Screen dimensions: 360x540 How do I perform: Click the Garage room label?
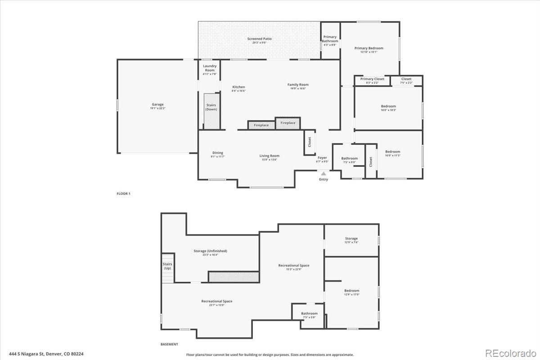pyautogui.click(x=157, y=104)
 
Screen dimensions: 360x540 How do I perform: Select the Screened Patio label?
pyautogui.click(x=259, y=39)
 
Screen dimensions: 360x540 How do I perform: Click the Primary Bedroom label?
pyautogui.click(x=369, y=48)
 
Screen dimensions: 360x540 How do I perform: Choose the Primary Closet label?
pyautogui.click(x=372, y=79)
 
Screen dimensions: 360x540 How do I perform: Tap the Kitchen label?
pyautogui.click(x=238, y=87)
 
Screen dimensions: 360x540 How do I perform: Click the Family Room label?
pyautogui.click(x=298, y=85)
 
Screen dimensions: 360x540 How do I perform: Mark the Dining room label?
pyautogui.click(x=217, y=153)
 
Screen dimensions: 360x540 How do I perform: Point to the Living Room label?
pyautogui.click(x=269, y=156)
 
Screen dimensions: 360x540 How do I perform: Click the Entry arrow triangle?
pyautogui.click(x=323, y=173)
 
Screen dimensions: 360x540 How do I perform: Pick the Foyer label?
pyautogui.click(x=322, y=158)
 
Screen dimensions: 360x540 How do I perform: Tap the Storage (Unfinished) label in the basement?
pyautogui.click(x=210, y=251)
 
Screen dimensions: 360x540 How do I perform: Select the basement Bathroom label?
pyautogui.click(x=309, y=314)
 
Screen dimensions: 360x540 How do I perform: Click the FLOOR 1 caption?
pyautogui.click(x=123, y=193)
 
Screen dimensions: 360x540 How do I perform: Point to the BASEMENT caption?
pyautogui.click(x=169, y=344)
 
